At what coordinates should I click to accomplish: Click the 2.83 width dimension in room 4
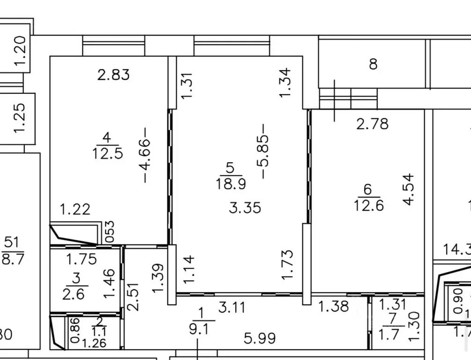[113, 75]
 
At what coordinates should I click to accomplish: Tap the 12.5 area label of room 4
[107, 153]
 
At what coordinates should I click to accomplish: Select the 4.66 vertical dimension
[146, 154]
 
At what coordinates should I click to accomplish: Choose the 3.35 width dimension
[245, 208]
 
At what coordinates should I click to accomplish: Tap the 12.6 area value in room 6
[368, 205]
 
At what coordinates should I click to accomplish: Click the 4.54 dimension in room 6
[409, 189]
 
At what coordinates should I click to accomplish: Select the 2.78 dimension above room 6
[373, 124]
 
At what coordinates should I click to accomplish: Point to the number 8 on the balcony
[373, 64]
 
